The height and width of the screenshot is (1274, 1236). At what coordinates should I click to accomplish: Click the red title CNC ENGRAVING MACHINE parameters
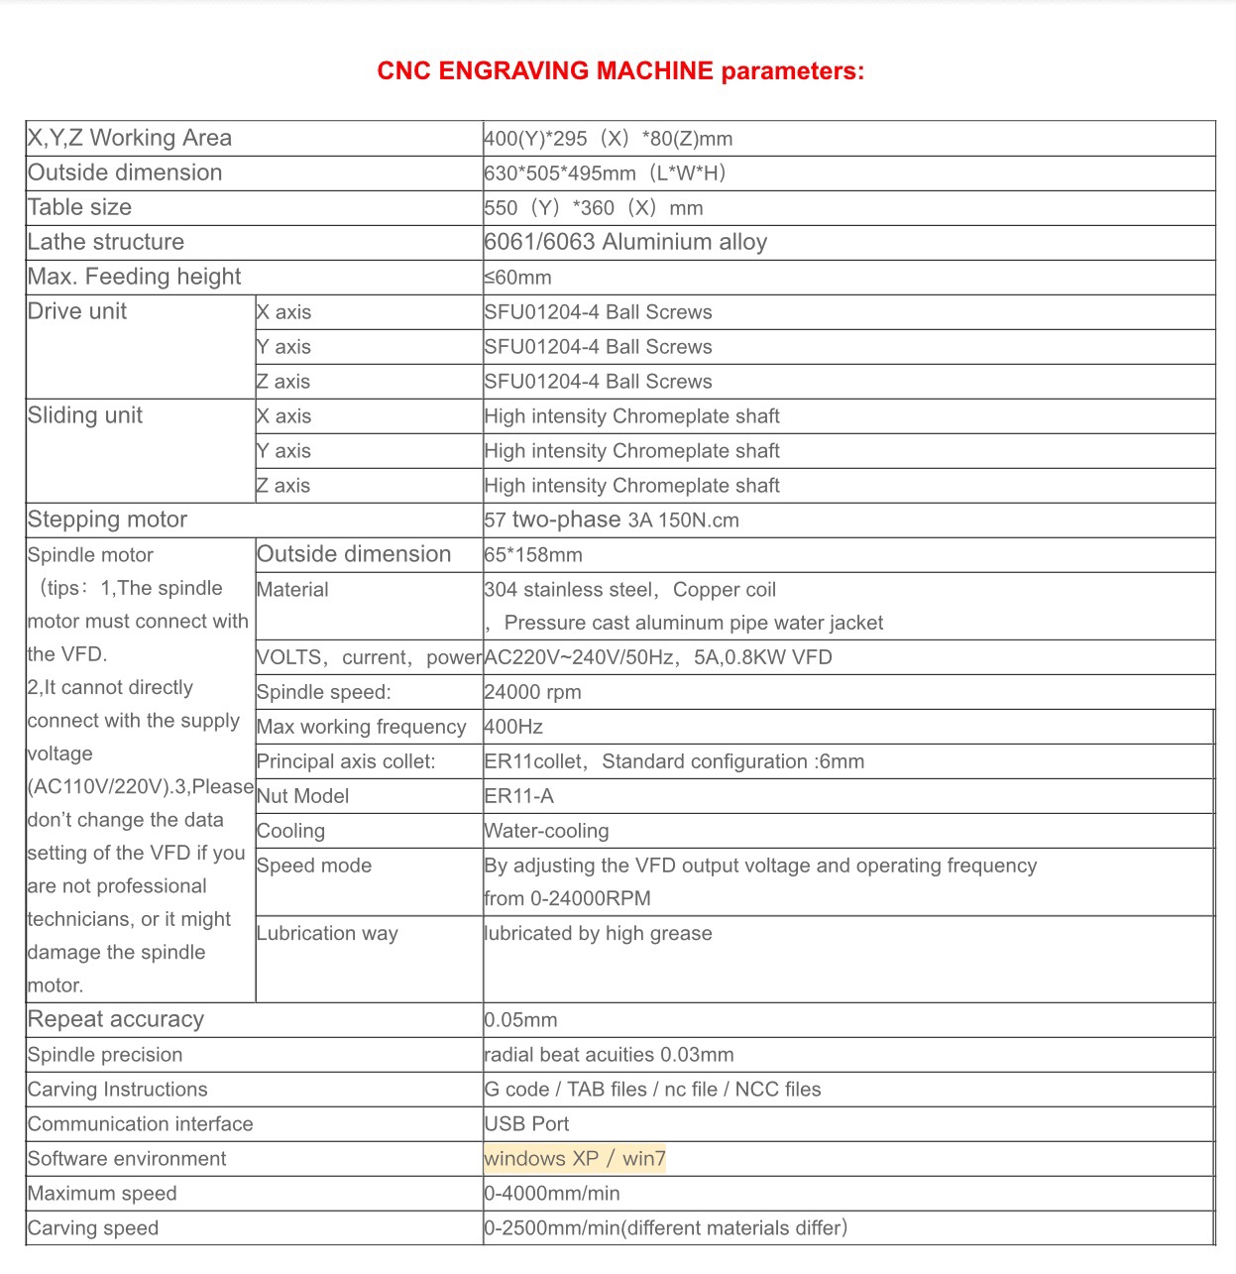pyautogui.click(x=620, y=71)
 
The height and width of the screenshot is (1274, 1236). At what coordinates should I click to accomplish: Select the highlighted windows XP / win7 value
pyautogui.click(x=575, y=1159)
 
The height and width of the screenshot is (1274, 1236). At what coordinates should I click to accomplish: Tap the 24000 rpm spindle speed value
pyautogui.click(x=532, y=693)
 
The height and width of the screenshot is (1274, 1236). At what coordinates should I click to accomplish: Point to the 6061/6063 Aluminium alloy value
pyautogui.click(x=625, y=243)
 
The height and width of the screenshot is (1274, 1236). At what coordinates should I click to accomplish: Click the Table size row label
pyautogui.click(x=80, y=207)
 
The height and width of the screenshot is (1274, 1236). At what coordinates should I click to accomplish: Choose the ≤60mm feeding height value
pyautogui.click(x=517, y=278)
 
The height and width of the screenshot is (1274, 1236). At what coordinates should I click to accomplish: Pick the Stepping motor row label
pyautogui.click(x=108, y=520)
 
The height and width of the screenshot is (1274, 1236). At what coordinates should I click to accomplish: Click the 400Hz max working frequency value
pyautogui.click(x=513, y=727)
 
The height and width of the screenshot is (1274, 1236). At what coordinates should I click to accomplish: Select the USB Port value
pyautogui.click(x=526, y=1124)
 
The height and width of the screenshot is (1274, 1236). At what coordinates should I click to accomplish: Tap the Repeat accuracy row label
pyautogui.click(x=116, y=1019)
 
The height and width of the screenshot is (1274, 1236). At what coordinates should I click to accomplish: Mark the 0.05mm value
pyautogui.click(x=520, y=1020)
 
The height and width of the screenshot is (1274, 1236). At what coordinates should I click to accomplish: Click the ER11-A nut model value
pyautogui.click(x=518, y=796)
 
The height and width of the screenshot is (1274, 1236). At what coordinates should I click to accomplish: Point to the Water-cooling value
pyautogui.click(x=546, y=831)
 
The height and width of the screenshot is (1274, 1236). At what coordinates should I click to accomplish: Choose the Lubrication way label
pyautogui.click(x=327, y=934)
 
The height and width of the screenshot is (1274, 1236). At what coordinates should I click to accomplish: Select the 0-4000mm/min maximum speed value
pyautogui.click(x=552, y=1194)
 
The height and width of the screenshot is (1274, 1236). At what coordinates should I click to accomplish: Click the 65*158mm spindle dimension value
pyautogui.click(x=533, y=555)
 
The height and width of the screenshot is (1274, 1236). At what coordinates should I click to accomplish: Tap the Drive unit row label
pyautogui.click(x=77, y=311)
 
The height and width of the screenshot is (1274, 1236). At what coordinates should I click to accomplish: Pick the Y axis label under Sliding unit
pyautogui.click(x=283, y=451)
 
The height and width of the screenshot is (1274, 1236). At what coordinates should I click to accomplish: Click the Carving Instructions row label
pyautogui.click(x=118, y=1090)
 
